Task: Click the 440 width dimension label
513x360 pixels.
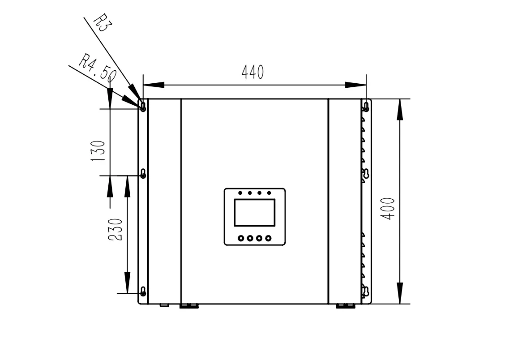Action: tap(252, 73)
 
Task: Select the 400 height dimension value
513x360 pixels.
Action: tap(389, 209)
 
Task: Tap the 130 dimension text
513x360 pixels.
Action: tap(98, 150)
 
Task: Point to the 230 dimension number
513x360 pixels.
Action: tap(115, 229)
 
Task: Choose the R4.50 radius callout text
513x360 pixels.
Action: tap(98, 68)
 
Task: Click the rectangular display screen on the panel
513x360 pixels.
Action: tap(255, 212)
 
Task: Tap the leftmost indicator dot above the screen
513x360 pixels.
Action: tap(240, 193)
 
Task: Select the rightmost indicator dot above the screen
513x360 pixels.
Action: tap(269, 193)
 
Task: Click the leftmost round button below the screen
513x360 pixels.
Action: tap(241, 238)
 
